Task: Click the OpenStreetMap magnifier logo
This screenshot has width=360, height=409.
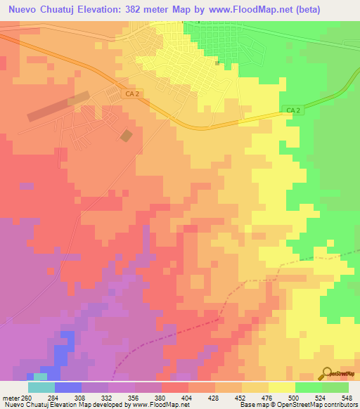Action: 328,375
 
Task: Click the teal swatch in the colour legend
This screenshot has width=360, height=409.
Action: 41,387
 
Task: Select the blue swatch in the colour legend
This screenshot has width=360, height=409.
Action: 68,387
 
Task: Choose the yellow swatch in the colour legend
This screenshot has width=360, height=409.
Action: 282,387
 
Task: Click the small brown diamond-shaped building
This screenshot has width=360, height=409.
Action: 126,135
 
